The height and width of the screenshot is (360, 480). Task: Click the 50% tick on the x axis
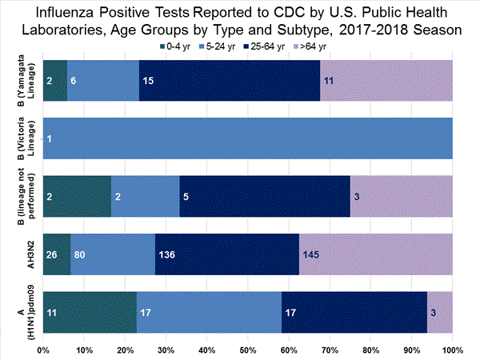click(x=247, y=350)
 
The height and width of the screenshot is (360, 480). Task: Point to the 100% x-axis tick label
click(x=452, y=350)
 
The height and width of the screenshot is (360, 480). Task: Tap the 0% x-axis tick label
click(x=43, y=350)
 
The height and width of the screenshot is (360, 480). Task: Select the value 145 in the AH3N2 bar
click(x=311, y=254)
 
